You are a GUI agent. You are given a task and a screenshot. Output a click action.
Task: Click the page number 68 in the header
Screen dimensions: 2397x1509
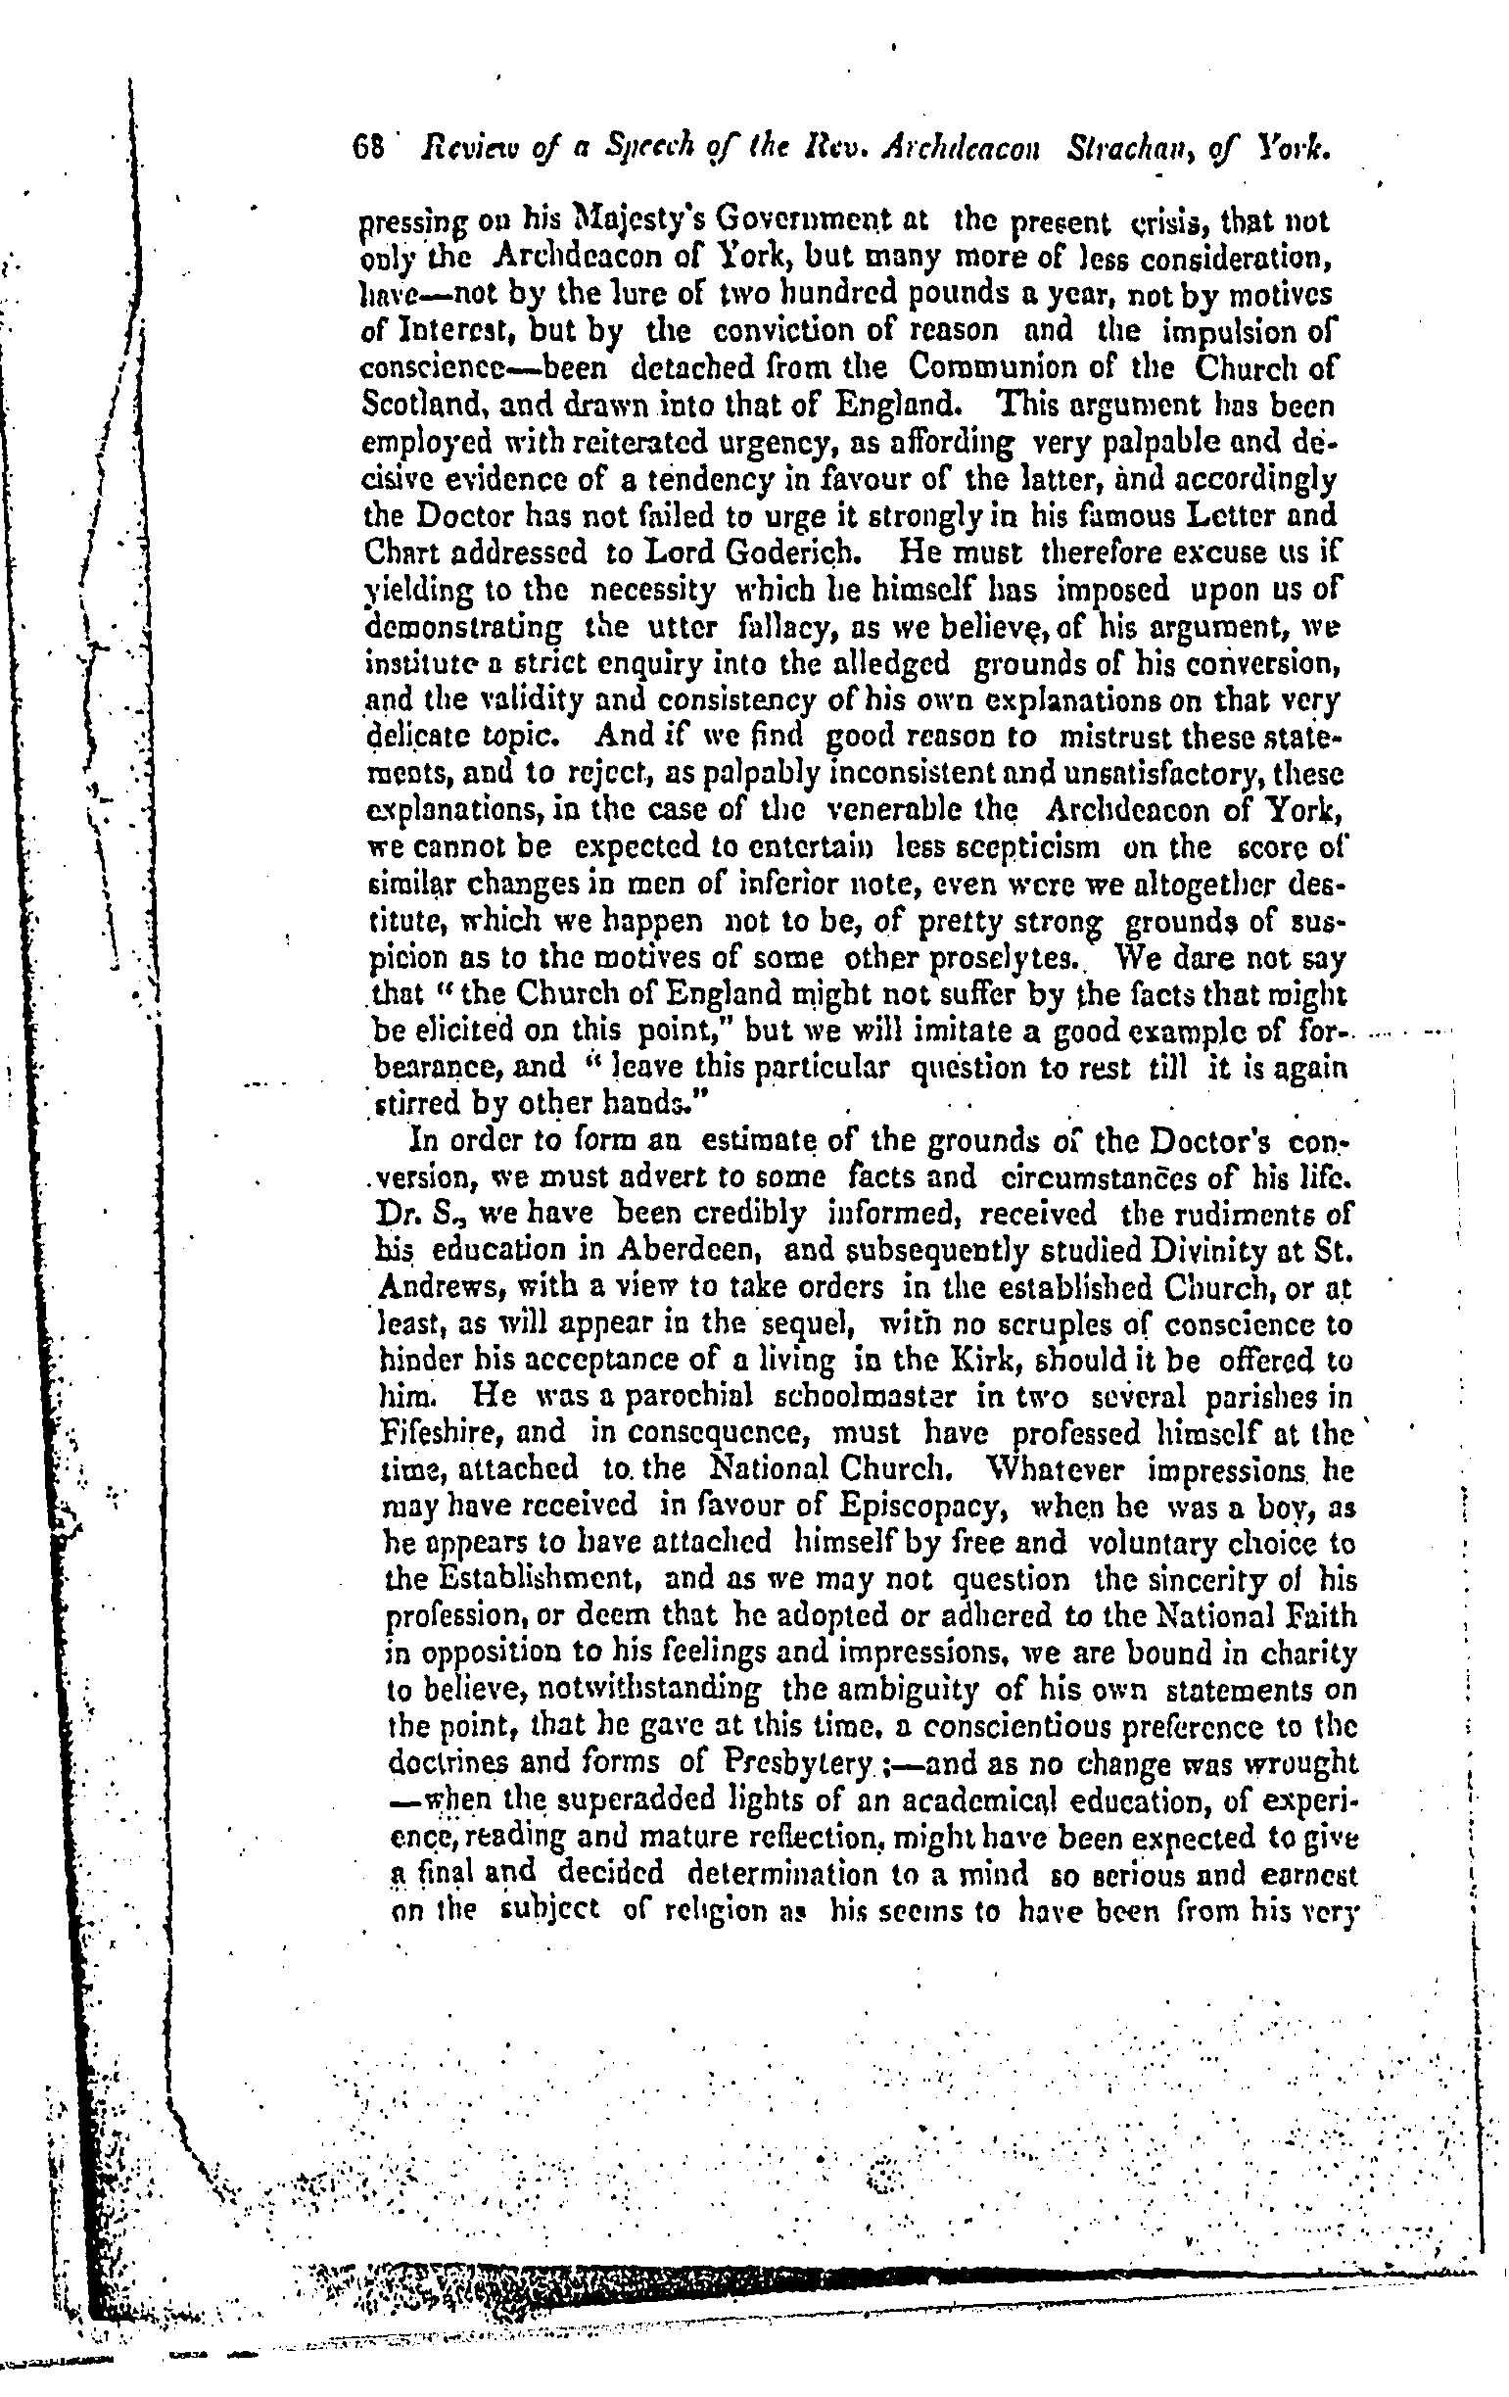pyautogui.click(x=368, y=148)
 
